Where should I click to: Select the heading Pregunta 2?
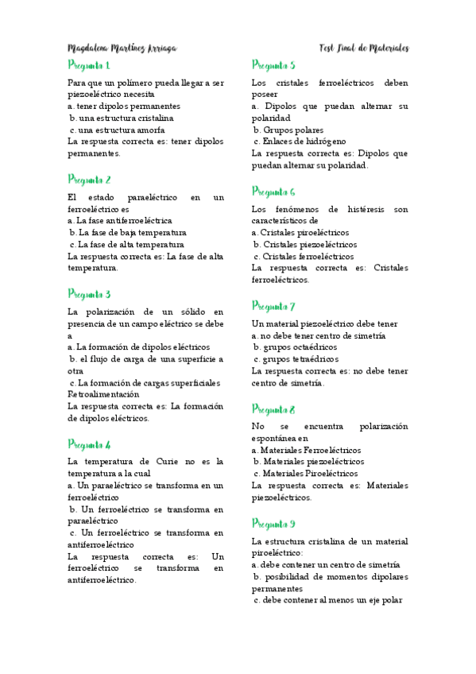[90, 180]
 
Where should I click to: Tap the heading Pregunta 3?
[90, 294]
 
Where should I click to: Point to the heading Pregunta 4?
[90, 444]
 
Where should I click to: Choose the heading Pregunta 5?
[273, 65]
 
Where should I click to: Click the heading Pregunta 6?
[273, 192]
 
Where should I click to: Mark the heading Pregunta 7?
[273, 306]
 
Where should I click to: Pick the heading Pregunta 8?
[273, 409]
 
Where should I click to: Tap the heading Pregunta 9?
[273, 524]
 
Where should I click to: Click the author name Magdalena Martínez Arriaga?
[122, 48]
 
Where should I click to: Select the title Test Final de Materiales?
[363, 48]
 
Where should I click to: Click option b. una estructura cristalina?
[122, 118]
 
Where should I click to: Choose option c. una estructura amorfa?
[118, 130]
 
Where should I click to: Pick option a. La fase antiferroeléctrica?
[120, 220]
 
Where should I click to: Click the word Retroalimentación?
[104, 393]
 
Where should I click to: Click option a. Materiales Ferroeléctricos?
[306, 450]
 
